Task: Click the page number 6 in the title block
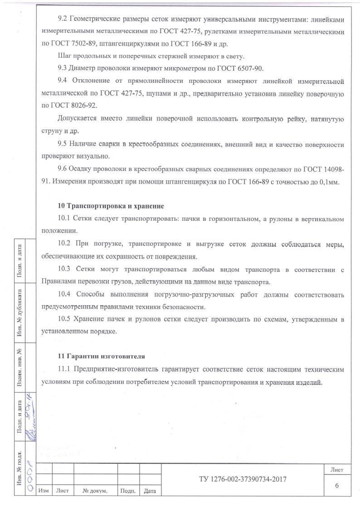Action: point(336,486)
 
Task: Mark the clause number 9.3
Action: point(63,69)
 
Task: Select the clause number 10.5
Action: point(64,319)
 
